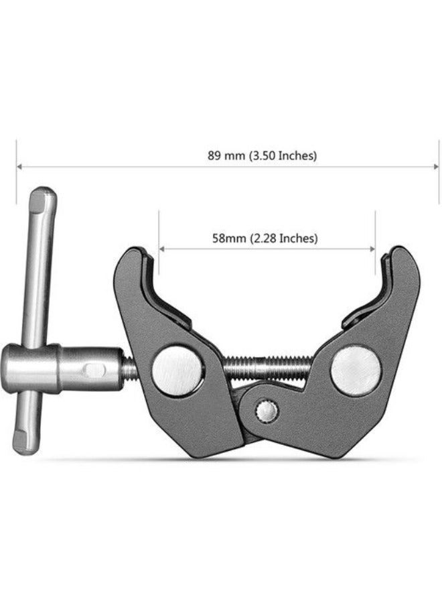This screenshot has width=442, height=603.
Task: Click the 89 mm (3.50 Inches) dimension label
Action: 262,155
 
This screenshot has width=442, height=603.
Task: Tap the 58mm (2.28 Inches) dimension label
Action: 265,238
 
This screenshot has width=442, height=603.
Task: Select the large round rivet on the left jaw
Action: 177,371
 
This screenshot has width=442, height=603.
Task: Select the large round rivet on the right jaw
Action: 356,369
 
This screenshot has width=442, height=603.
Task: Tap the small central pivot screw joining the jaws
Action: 269,410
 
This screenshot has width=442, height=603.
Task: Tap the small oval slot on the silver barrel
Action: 96,369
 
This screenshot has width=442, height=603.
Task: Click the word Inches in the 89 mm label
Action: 295,155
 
